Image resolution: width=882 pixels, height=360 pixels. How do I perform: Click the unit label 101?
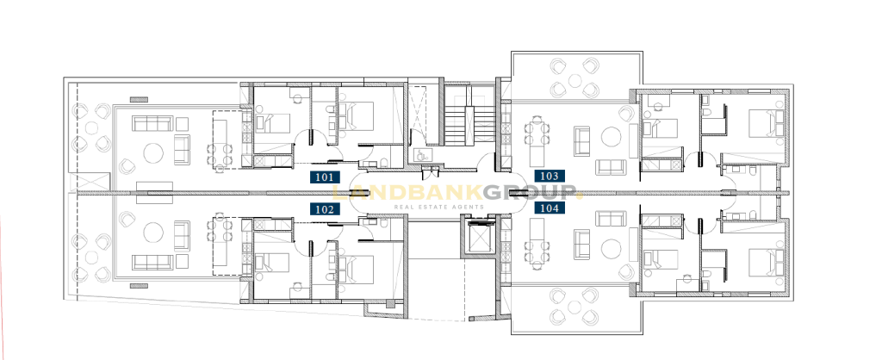tap(325, 177)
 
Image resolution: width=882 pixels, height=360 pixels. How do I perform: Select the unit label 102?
tap(325, 209)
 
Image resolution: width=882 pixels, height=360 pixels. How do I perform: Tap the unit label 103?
tap(550, 176)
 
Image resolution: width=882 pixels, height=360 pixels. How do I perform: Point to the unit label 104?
tap(550, 208)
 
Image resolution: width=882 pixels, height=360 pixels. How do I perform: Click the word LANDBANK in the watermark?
tap(407, 194)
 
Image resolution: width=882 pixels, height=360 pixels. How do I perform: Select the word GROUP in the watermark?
tap(531, 194)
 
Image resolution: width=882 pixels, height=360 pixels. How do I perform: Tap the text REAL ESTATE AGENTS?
tap(438, 207)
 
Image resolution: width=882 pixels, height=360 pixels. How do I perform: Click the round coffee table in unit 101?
tap(153, 152)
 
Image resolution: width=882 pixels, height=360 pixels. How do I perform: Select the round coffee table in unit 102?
tap(153, 232)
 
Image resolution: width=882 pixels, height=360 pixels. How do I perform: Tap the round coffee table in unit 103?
tap(611, 137)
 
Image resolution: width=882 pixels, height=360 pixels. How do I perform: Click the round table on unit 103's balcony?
tap(575, 80)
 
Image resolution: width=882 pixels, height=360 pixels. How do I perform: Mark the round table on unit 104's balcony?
tap(575, 307)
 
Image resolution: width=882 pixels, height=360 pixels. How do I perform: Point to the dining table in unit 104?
tap(537, 248)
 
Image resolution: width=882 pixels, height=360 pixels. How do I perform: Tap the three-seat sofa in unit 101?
tap(152, 123)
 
